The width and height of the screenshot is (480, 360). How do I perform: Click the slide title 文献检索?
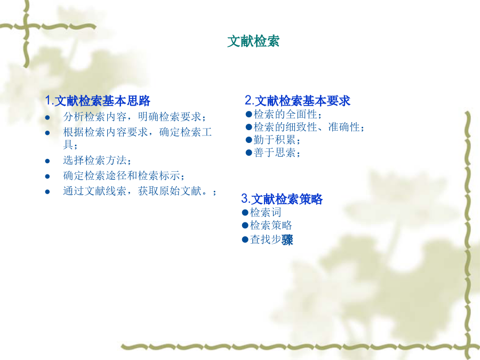tap(253, 41)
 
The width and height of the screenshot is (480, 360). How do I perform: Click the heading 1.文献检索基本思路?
tap(98, 101)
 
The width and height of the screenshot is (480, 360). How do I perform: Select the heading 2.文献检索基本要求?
tap(298, 101)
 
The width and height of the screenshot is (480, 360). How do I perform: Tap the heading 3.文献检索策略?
tap(282, 199)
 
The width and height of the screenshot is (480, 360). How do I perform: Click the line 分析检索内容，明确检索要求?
tap(134, 117)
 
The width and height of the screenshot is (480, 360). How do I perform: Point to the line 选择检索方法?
tap(97, 160)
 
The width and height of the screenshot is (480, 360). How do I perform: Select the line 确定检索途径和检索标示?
tap(124, 175)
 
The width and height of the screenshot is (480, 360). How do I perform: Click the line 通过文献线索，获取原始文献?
tap(140, 191)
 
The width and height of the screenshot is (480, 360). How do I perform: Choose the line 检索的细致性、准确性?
tap(309, 127)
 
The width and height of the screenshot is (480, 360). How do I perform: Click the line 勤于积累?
tap(277, 140)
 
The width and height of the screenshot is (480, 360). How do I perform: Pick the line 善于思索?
tap(277, 153)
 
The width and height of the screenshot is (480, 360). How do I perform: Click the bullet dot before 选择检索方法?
tap(47, 161)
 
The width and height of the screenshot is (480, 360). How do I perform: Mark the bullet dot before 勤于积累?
tap(249, 140)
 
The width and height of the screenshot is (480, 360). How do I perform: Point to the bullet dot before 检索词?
tap(245, 212)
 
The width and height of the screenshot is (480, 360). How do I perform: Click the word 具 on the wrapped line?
tap(68, 144)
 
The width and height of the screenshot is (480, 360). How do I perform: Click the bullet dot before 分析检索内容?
tap(47, 117)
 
